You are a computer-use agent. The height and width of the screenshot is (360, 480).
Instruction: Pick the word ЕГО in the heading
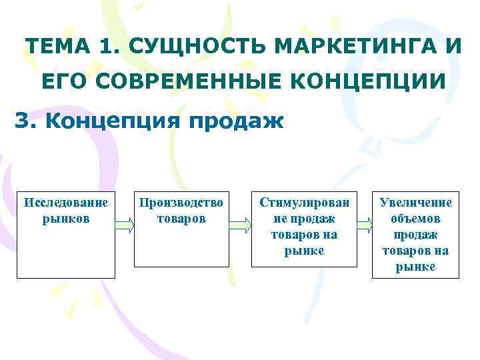63,81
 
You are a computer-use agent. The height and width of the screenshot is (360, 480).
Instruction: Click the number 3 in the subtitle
22,122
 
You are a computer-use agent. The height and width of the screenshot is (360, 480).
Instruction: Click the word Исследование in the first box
66,202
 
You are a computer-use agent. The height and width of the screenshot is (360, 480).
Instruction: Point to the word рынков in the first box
66,218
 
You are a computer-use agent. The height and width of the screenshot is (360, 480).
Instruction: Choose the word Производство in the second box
181,202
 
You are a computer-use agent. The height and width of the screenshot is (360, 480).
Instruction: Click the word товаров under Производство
181,218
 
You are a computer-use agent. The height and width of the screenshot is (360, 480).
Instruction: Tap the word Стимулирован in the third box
304,202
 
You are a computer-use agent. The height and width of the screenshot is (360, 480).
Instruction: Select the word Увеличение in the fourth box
415,202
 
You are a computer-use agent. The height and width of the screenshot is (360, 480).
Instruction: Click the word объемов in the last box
415,218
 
